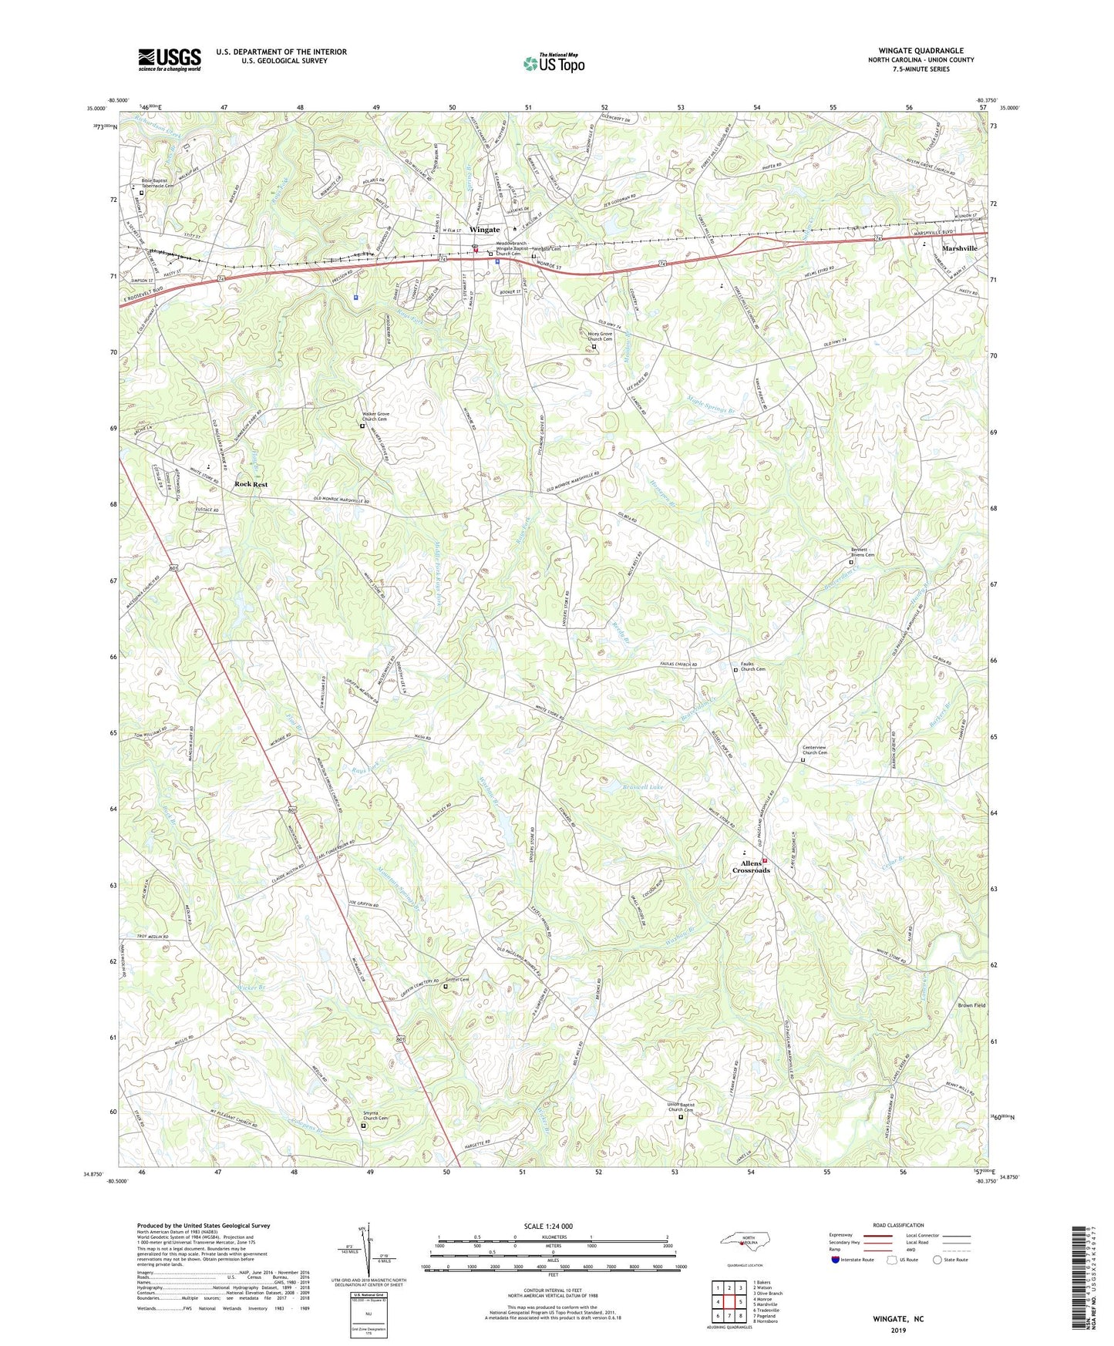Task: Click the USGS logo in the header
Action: click(x=170, y=59)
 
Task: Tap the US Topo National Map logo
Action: click(x=553, y=64)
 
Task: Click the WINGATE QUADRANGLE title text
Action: click(x=920, y=51)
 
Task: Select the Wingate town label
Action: click(x=485, y=230)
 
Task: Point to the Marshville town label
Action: click(x=959, y=248)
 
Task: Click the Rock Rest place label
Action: click(x=251, y=484)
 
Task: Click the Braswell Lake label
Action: click(x=643, y=788)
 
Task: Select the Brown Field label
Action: click(x=971, y=1005)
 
